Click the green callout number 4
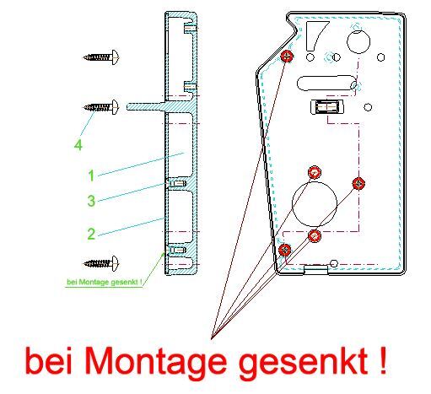tap(78, 145)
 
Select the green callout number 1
tap(91, 175)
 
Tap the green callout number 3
tap(91, 201)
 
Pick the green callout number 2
tap(91, 234)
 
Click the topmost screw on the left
tap(101, 57)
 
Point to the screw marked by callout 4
tap(101, 107)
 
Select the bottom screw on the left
tap(101, 263)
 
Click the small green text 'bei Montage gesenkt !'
tap(105, 282)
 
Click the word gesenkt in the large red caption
tap(303, 360)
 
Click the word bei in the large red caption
tap(48, 360)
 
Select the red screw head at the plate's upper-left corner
tap(287, 56)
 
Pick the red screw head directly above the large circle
tap(315, 172)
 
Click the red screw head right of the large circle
tap(358, 183)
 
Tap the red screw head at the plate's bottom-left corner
tap(285, 250)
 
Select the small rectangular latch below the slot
tap(327, 107)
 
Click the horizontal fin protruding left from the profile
tap(146, 106)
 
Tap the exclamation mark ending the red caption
tap(383, 360)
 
